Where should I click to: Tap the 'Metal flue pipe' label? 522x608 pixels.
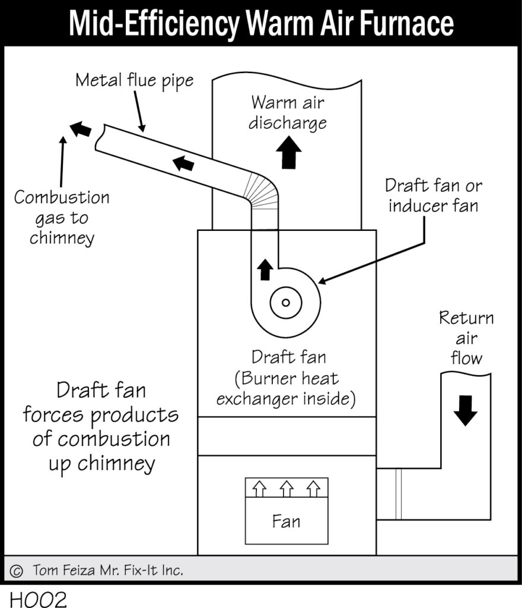[x=134, y=80]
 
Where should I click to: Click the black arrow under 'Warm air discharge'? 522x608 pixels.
[x=289, y=153]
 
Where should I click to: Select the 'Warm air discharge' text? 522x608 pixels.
[x=288, y=112]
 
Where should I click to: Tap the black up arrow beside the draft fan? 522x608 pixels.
[x=265, y=270]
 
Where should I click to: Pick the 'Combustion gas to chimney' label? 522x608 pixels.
[x=62, y=217]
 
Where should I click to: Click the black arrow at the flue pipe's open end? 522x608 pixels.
[x=81, y=128]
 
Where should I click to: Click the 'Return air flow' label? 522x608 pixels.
[x=466, y=338]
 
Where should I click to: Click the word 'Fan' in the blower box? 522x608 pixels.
[x=286, y=521]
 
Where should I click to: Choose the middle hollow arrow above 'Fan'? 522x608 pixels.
[x=286, y=489]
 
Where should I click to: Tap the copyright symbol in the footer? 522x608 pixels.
[x=17, y=571]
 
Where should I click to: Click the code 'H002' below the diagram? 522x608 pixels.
[x=37, y=598]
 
